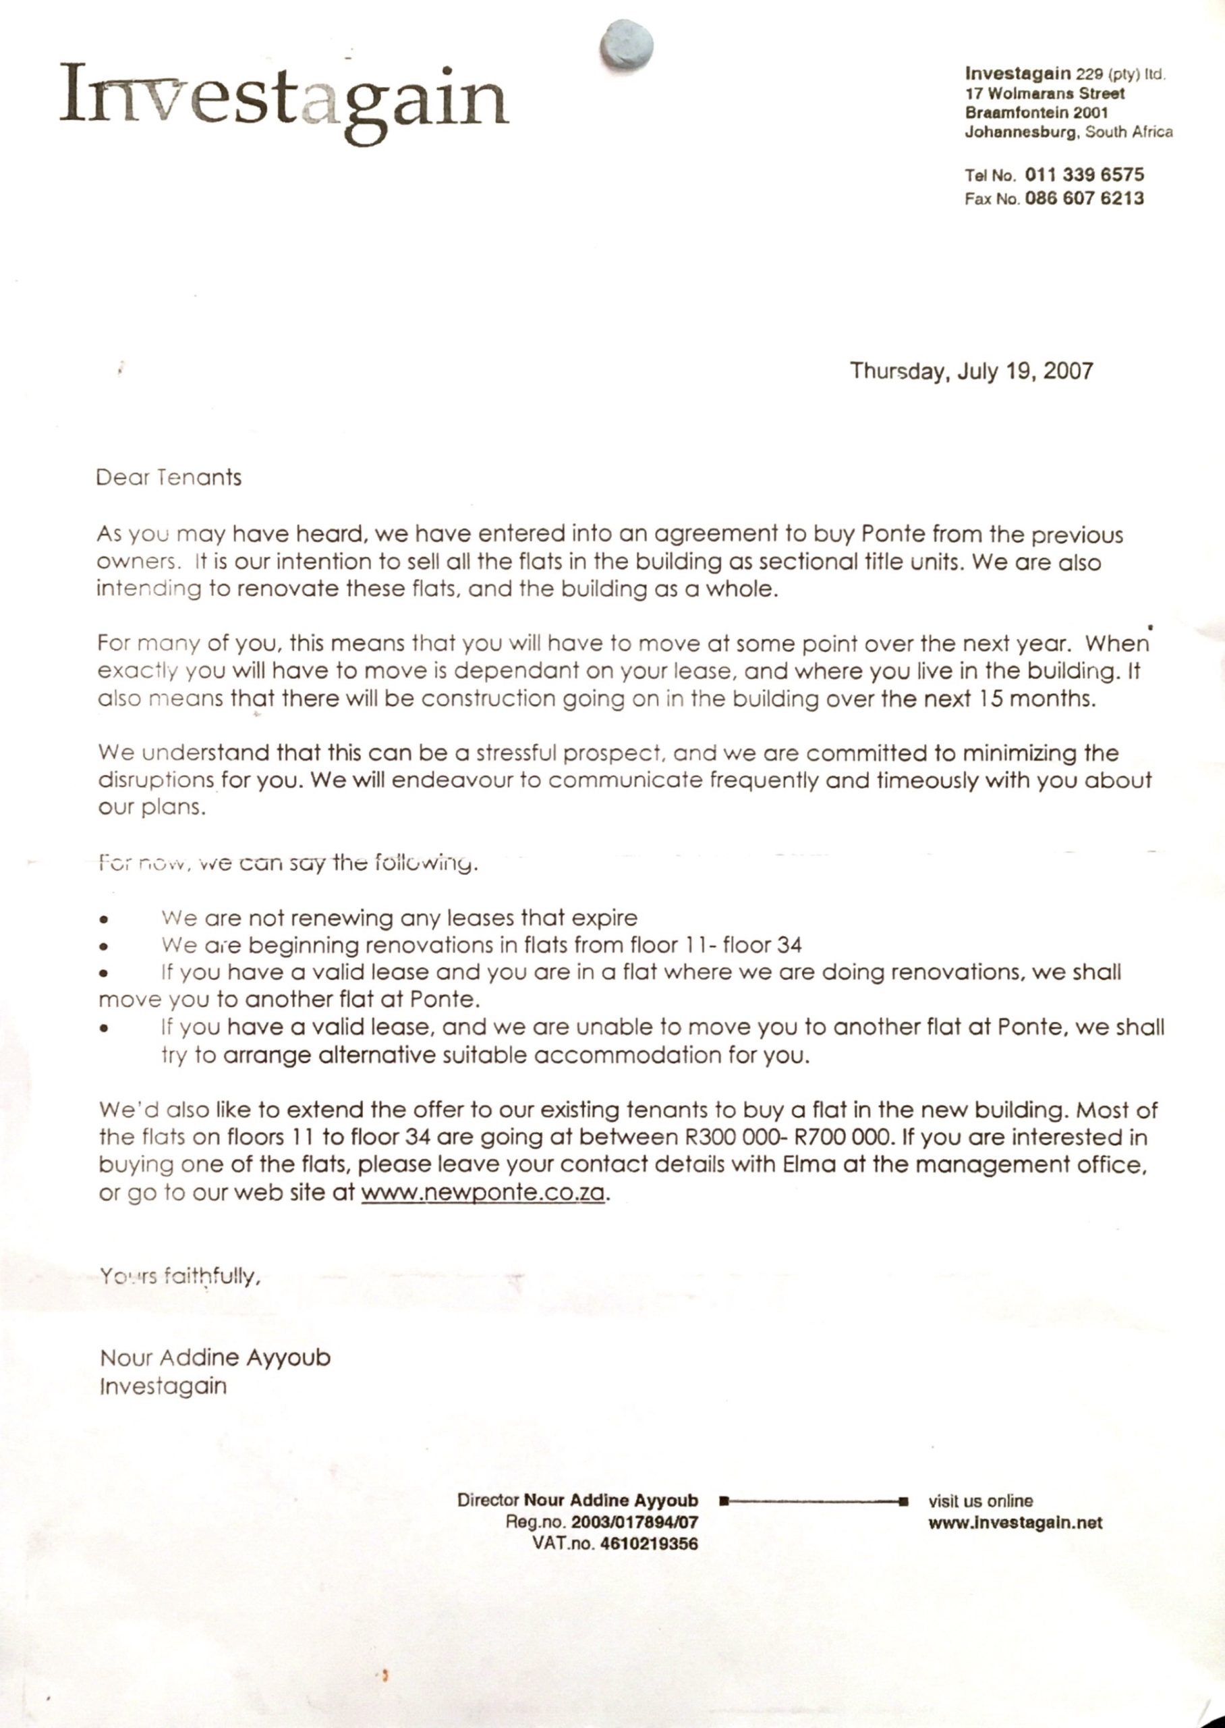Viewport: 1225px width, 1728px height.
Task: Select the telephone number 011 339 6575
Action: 1084,175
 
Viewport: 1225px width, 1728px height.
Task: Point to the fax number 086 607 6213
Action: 1084,198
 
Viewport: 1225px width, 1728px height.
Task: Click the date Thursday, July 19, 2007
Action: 971,371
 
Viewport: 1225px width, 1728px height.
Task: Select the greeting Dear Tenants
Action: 169,478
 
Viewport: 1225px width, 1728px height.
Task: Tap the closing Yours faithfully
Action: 181,1276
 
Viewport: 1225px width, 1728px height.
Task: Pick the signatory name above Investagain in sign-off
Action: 215,1358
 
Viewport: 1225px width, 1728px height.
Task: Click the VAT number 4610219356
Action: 649,1544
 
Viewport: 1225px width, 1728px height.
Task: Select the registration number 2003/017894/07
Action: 634,1523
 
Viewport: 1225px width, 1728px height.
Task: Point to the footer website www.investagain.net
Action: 1015,1523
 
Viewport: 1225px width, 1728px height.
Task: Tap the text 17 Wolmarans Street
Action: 1045,94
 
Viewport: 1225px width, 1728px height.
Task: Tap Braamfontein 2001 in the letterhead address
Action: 1036,113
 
